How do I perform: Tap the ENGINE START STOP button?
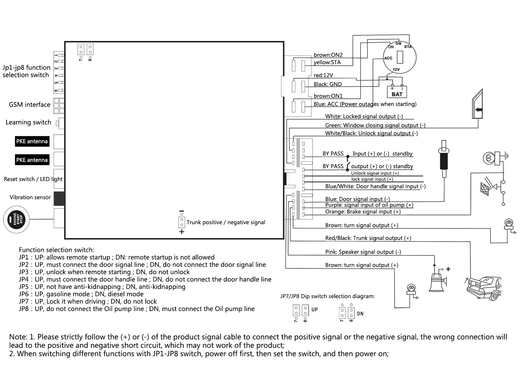click(16, 219)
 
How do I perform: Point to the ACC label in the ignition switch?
click(388, 58)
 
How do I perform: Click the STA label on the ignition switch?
click(408, 47)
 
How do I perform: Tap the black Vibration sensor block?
click(59, 198)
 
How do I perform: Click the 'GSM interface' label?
click(30, 105)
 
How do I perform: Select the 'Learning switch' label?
click(28, 122)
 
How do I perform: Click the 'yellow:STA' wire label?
click(327, 62)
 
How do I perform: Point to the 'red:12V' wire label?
click(323, 75)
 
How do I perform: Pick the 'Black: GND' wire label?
click(327, 84)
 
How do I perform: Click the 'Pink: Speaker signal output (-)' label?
click(363, 252)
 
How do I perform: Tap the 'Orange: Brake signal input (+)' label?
click(363, 211)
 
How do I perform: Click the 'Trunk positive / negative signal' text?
click(226, 222)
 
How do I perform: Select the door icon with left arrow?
click(477, 104)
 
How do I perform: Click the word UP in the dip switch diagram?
click(315, 309)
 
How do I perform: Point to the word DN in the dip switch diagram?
click(360, 314)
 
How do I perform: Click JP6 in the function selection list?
click(24, 294)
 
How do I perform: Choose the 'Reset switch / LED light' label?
click(33, 179)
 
